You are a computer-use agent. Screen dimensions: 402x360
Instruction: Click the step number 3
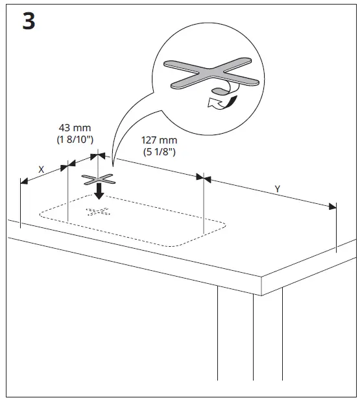[x=28, y=21]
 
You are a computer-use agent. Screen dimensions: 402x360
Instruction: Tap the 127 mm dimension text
[x=159, y=140]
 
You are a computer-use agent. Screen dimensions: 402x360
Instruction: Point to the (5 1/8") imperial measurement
[x=159, y=152]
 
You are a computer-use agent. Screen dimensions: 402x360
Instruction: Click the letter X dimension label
[x=41, y=169]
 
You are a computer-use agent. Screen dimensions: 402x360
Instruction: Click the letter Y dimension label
[x=277, y=188]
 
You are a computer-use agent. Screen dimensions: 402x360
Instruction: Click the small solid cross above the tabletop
[x=98, y=179]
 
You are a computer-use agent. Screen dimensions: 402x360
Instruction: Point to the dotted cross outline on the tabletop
[x=98, y=212]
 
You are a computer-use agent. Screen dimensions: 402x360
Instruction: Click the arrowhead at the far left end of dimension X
[x=21, y=182]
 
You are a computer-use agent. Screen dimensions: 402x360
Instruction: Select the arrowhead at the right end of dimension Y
[x=335, y=207]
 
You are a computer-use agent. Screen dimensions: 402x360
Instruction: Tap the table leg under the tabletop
[x=249, y=344]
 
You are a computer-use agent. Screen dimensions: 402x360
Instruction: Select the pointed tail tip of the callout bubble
[x=112, y=162]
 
